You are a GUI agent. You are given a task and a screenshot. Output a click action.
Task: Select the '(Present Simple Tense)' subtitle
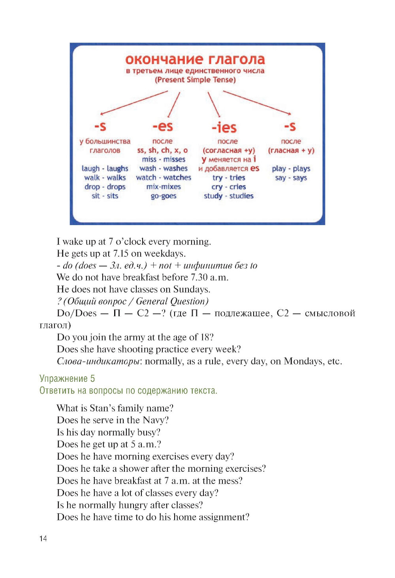pos(195,80)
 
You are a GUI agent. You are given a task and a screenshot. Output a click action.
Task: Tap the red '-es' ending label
pos(163,126)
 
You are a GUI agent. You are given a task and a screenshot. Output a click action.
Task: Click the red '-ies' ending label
pos(224,128)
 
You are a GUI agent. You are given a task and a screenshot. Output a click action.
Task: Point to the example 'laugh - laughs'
pos(105,169)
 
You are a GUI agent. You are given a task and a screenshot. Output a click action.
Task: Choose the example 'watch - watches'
pos(164,178)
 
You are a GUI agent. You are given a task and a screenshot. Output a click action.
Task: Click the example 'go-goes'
pos(164,196)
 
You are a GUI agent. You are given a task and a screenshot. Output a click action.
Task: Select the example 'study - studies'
pos(229,196)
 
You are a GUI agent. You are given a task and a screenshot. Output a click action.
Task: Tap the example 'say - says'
pos(291,178)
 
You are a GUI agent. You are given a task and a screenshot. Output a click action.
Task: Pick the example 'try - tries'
pos(229,178)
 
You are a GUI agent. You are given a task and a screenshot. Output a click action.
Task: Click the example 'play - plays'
pos(291,169)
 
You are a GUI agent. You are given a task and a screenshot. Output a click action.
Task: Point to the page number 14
pos(43,539)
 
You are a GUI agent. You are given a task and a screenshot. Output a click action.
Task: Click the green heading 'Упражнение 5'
pos(67,379)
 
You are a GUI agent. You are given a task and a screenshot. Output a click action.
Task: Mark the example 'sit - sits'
pos(105,196)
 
